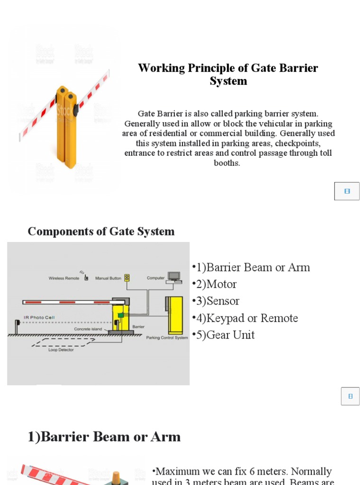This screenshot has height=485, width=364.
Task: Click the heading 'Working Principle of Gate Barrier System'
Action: point(228,74)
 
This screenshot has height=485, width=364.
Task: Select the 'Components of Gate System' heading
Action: point(101,231)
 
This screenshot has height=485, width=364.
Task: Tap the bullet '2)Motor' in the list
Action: point(214,284)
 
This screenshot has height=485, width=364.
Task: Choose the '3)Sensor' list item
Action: point(216,301)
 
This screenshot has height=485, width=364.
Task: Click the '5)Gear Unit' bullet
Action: point(223,335)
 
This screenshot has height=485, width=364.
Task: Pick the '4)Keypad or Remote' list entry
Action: point(245,318)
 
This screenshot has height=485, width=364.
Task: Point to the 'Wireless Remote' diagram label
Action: point(64,278)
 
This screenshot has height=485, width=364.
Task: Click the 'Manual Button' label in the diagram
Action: point(108,278)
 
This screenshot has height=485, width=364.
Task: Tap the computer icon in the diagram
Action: point(174,277)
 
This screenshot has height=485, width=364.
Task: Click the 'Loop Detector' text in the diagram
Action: point(61,350)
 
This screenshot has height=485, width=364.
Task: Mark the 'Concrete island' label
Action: point(88,329)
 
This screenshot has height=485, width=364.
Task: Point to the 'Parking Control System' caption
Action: point(167,338)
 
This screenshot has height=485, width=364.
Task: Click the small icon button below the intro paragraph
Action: point(347,191)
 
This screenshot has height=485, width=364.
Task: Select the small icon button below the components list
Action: point(350,396)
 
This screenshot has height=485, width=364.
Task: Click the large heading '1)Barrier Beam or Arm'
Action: point(104,437)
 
